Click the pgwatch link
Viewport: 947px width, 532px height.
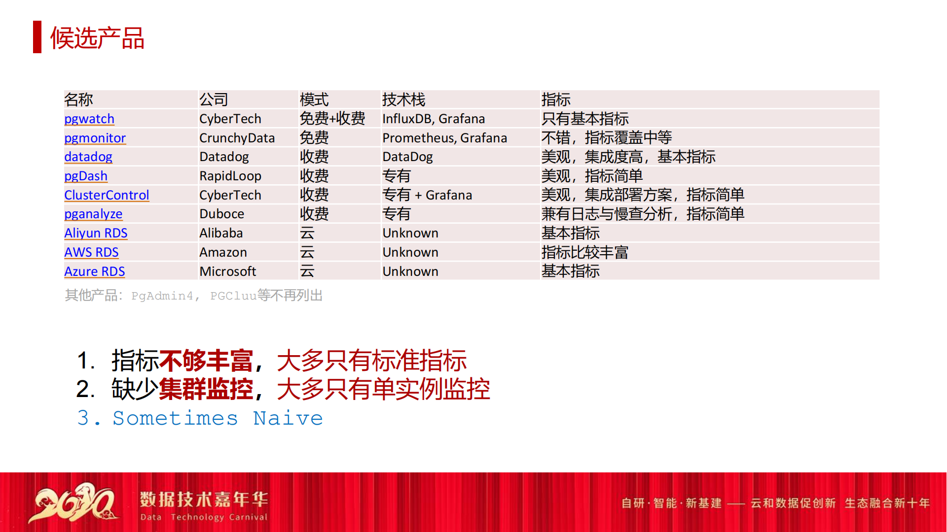click(x=89, y=119)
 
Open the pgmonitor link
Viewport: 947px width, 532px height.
click(x=95, y=138)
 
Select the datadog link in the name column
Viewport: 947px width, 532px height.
click(x=88, y=157)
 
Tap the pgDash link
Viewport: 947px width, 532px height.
click(x=86, y=176)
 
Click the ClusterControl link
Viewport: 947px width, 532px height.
click(x=107, y=195)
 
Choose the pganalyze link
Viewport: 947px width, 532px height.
click(x=93, y=214)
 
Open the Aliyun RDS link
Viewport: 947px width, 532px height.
click(x=96, y=233)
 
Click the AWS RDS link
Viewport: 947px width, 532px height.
click(x=91, y=252)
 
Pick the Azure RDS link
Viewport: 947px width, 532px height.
click(x=95, y=271)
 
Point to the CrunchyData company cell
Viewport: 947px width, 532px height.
click(x=237, y=138)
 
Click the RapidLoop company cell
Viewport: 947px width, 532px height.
click(x=230, y=176)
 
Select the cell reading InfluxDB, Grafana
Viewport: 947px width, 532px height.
click(x=434, y=119)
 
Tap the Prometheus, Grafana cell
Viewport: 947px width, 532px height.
click(x=444, y=138)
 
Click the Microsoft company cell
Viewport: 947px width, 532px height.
click(x=227, y=271)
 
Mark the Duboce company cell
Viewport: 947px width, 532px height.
click(x=221, y=214)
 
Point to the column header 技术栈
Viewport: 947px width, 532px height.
click(x=403, y=100)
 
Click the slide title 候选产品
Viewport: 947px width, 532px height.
click(x=97, y=38)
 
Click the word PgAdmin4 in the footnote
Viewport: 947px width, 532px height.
click(x=162, y=296)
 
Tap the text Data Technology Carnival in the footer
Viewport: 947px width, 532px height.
click(x=204, y=517)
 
